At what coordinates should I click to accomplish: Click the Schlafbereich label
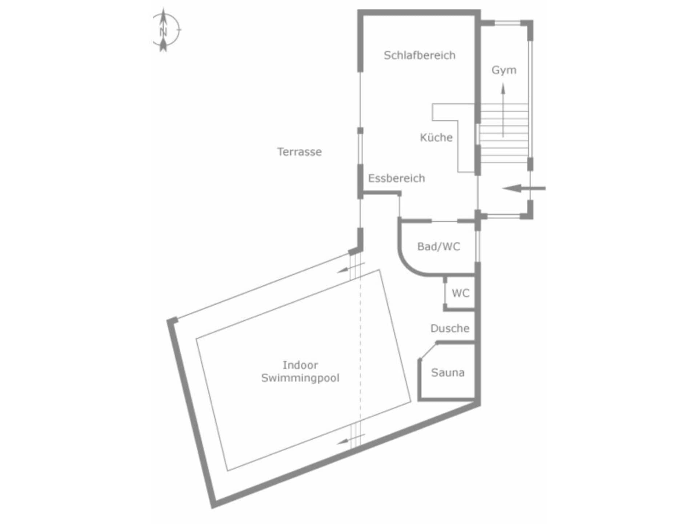tap(420, 55)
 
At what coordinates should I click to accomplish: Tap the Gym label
tap(504, 70)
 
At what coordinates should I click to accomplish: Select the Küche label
tap(436, 137)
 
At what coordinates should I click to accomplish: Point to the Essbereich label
tap(397, 178)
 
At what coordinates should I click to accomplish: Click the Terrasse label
tap(300, 151)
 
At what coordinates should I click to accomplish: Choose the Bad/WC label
tap(439, 246)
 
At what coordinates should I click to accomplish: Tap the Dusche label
tap(450, 328)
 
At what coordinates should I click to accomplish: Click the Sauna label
tap(448, 372)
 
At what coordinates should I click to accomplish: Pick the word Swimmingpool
tap(300, 378)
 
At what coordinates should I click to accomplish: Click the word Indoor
tap(300, 365)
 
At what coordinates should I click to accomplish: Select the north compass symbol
tap(164, 30)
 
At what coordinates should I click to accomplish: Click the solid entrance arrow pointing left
tap(523, 188)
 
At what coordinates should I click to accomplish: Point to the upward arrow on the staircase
tap(504, 110)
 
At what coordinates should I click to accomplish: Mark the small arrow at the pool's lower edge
tap(351, 439)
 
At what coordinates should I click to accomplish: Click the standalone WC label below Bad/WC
tap(461, 293)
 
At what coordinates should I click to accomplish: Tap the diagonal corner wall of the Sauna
tap(428, 351)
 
